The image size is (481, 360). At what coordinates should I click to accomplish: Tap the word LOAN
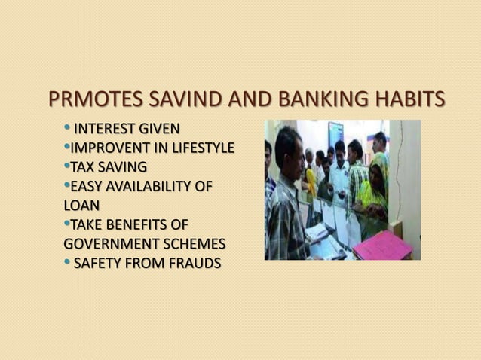pyautogui.click(x=82, y=205)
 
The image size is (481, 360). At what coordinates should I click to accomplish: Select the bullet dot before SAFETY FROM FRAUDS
pyautogui.click(x=67, y=261)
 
